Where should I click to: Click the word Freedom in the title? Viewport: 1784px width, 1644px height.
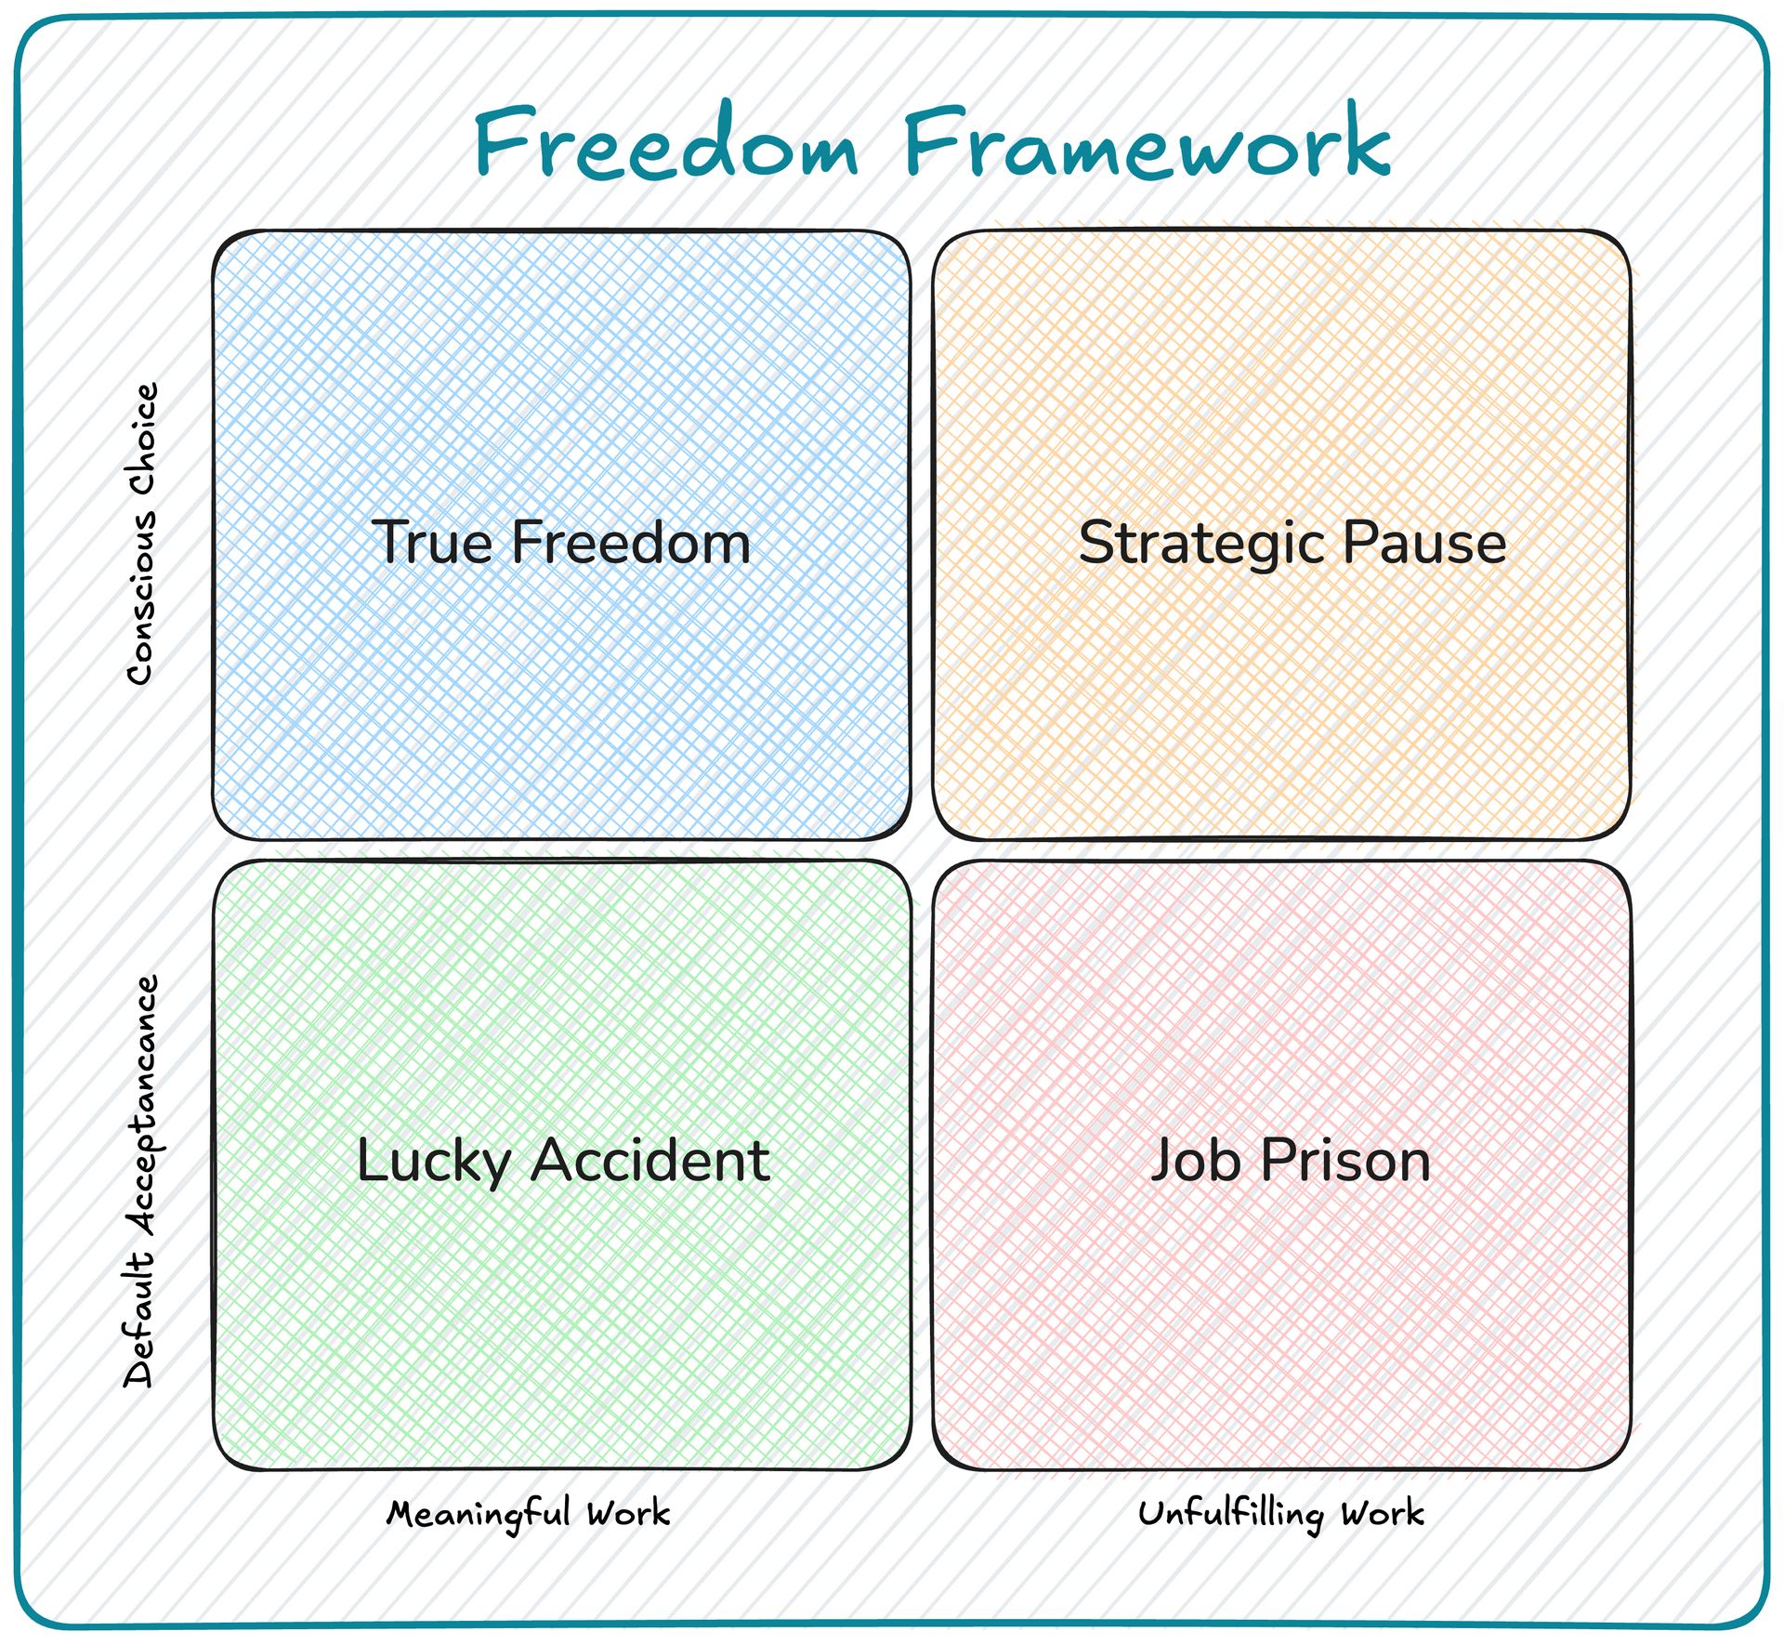click(x=666, y=141)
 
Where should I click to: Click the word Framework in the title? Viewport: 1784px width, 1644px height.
click(x=1148, y=141)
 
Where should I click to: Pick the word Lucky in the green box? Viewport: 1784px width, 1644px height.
click(x=435, y=1162)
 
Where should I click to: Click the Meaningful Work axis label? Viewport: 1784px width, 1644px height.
click(x=529, y=1514)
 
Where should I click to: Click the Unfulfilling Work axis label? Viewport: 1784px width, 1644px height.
click(x=1281, y=1514)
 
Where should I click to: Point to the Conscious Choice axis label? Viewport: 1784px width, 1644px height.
click(x=142, y=534)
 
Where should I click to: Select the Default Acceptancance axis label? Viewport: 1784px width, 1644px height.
click(x=142, y=1181)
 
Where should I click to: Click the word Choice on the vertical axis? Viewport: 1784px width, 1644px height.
click(x=142, y=438)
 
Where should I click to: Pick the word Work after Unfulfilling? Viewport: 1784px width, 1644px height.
click(x=1383, y=1514)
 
